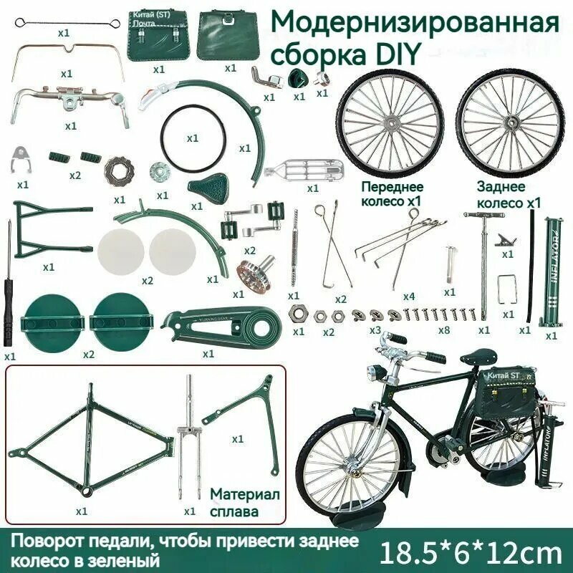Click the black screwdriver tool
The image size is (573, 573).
(x=9, y=286)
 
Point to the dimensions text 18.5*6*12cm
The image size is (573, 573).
(x=470, y=552)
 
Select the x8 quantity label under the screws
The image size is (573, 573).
(x=443, y=330)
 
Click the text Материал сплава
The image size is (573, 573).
(x=244, y=503)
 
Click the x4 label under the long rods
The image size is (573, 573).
(x=408, y=295)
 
